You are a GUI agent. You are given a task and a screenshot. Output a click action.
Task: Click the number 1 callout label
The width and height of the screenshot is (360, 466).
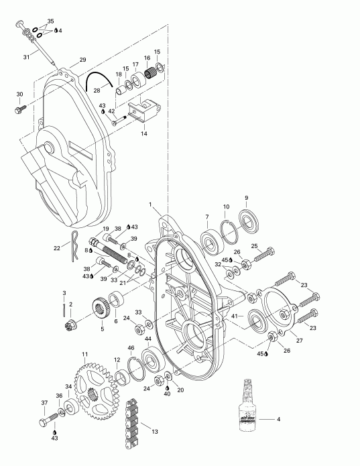point(152,204)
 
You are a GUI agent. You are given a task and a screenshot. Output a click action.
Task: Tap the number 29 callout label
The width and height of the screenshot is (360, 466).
point(83,60)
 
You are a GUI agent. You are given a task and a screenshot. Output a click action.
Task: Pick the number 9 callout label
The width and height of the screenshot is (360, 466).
point(246,197)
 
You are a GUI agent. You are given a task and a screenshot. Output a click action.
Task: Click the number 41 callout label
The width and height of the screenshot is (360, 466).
point(234,314)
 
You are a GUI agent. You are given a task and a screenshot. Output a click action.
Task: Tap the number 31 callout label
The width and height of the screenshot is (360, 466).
point(27,56)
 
